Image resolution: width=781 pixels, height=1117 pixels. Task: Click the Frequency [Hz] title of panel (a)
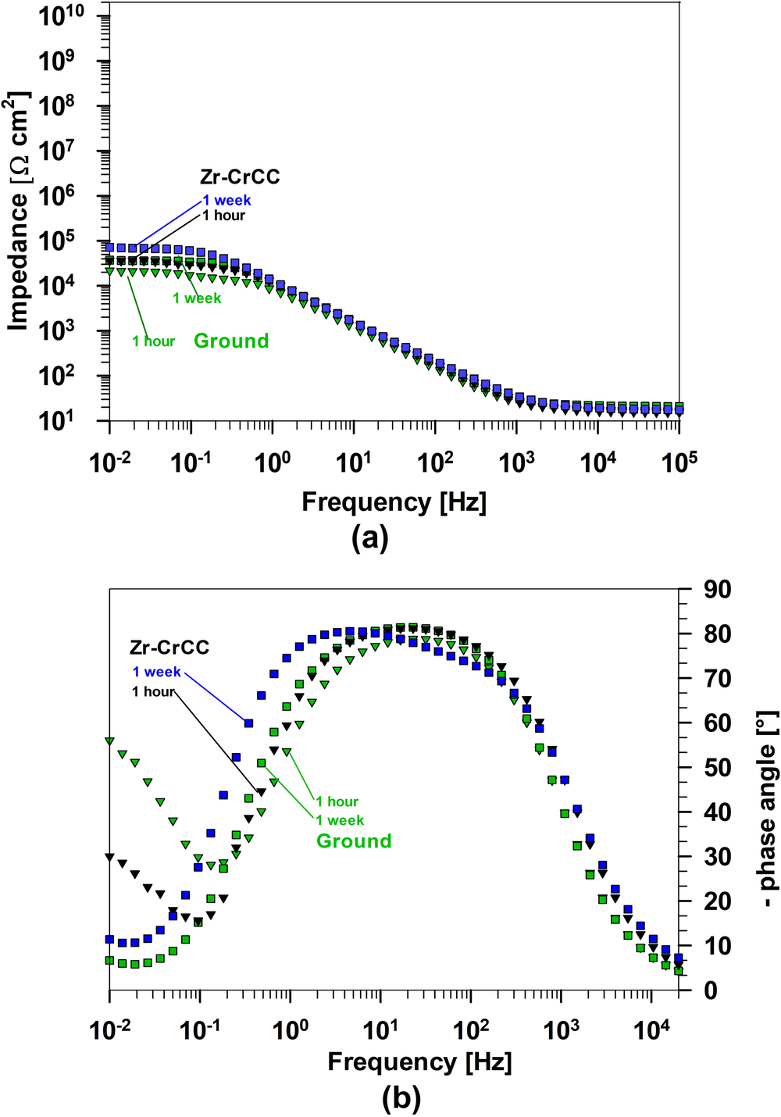point(394,501)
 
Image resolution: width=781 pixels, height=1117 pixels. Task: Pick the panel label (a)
point(370,538)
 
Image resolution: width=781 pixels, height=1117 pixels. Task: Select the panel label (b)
point(401,1098)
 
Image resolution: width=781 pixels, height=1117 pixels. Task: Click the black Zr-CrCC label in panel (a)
point(239,177)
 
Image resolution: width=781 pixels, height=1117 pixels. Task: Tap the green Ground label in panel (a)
point(231,341)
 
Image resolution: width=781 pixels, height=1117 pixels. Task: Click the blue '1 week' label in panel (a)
point(226,200)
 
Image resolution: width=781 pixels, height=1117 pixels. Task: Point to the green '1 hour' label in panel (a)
point(153,341)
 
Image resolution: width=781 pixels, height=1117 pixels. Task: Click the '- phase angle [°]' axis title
point(768,808)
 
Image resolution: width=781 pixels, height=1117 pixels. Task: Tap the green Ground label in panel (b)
point(354,840)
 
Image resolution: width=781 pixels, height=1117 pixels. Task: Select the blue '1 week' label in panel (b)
point(156,672)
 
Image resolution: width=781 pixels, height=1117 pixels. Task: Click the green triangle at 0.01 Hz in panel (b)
point(110,741)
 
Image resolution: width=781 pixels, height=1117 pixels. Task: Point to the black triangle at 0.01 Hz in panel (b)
point(110,857)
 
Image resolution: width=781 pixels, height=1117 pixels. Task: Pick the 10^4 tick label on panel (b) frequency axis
point(651,1030)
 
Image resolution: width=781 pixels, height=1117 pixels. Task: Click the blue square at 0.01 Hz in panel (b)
point(110,940)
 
